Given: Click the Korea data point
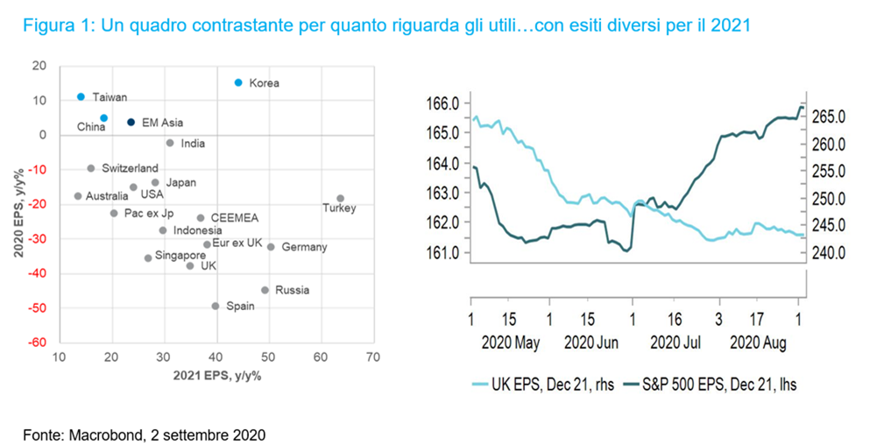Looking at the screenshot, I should coord(238,82).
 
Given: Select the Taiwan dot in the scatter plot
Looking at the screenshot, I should coord(81,96).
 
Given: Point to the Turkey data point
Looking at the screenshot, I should coord(340,199).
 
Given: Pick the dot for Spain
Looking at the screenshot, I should coord(216,306).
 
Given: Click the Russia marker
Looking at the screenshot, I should coord(265,290).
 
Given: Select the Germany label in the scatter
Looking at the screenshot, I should coord(304,247).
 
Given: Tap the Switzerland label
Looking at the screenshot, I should coord(130,167).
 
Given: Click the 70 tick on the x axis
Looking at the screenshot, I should coord(372,357).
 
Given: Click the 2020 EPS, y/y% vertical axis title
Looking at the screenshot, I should coord(17,203).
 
